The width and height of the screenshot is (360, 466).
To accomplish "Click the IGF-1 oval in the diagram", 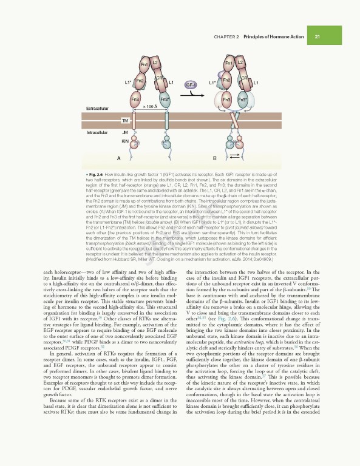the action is pyautogui.click(x=190, y=84).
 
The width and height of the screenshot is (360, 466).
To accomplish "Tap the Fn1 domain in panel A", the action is pyautogui.click(x=144, y=64).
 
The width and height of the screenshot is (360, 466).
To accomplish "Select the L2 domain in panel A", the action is pyautogui.click(x=155, y=62).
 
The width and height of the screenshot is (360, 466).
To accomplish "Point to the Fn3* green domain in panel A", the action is pyautogui.click(x=164, y=99).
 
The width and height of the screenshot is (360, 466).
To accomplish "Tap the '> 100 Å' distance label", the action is pyautogui.click(x=150, y=107).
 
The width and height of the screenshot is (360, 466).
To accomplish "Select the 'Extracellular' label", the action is pyautogui.click(x=98, y=108).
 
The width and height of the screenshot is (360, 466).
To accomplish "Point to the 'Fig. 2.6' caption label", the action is pyautogui.click(x=97, y=174).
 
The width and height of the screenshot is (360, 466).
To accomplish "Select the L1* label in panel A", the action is pyautogui.click(x=128, y=82).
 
